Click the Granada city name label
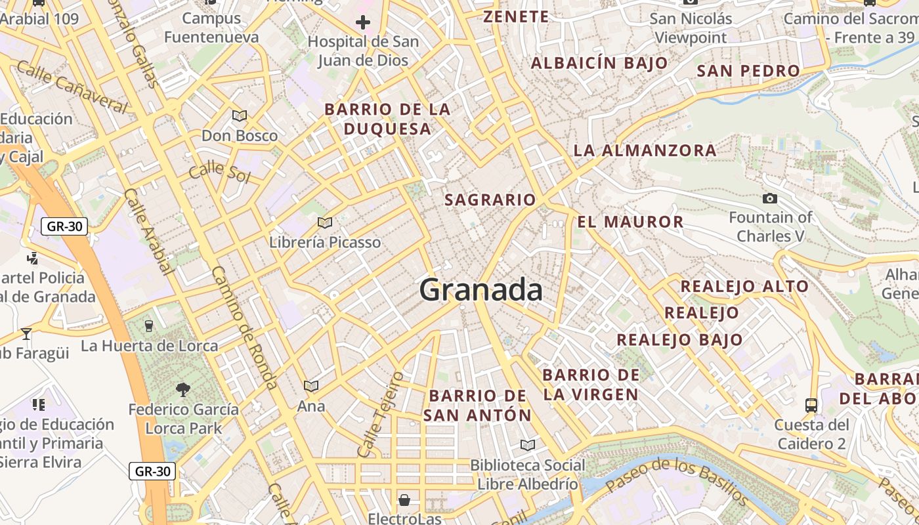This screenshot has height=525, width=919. tap(481, 289)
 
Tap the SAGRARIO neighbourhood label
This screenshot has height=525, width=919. tap(490, 199)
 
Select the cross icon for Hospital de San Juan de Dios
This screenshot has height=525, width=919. tap(363, 23)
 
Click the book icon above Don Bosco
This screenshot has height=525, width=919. tap(240, 116)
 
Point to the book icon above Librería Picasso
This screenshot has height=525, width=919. tap(324, 222)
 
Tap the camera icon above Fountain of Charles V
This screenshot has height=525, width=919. tap(770, 198)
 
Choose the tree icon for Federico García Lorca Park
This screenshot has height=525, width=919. tap(183, 390)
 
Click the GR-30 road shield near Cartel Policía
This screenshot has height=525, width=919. tap(64, 227)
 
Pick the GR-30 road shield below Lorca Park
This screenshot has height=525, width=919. tap(152, 471)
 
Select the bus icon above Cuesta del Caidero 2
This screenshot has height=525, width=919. tap(811, 405)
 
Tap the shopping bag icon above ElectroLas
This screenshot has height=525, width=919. tap(404, 500)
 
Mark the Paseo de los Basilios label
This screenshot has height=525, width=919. tap(676, 482)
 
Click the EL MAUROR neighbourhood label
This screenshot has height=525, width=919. tap(630, 222)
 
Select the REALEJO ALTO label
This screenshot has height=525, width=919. tap(744, 286)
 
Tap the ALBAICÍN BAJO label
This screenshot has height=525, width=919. tap(599, 64)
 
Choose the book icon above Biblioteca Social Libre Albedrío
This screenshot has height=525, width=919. tap(527, 445)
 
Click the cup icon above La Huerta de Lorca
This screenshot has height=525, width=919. tap(149, 325)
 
